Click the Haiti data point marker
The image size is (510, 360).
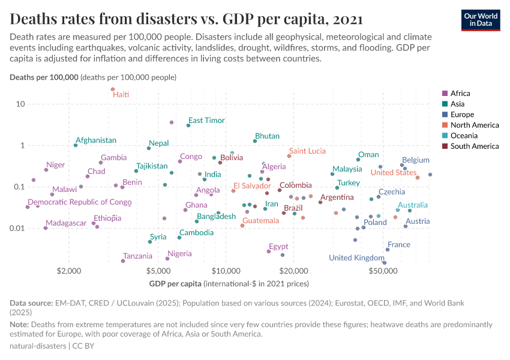coord(112,89)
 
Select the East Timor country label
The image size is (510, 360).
coord(206,121)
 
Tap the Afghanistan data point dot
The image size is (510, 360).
coord(76,145)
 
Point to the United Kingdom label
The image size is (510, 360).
coord(356,258)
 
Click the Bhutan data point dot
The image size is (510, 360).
coord(255,141)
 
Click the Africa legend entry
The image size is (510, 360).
coord(460,93)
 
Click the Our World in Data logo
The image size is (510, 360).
coord(481,19)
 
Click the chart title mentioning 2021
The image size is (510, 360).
coord(186,19)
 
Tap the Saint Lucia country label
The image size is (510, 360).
coord(307,151)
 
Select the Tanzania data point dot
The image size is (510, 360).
coord(123,261)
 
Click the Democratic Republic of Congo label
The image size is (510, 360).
coord(80,202)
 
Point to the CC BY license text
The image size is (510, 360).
coord(83,346)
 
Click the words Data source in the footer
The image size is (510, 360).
coord(31,303)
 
